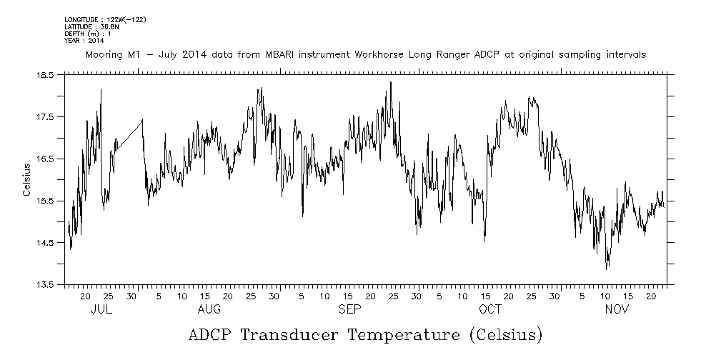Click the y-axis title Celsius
click(26, 179)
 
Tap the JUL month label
click(101, 309)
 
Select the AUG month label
click(209, 309)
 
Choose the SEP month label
click(349, 309)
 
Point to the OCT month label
click(490, 309)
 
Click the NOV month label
click(617, 309)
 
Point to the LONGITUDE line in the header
click(105, 19)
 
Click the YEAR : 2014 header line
click(84, 41)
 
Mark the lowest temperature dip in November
click(607, 268)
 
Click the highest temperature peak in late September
click(390, 82)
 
